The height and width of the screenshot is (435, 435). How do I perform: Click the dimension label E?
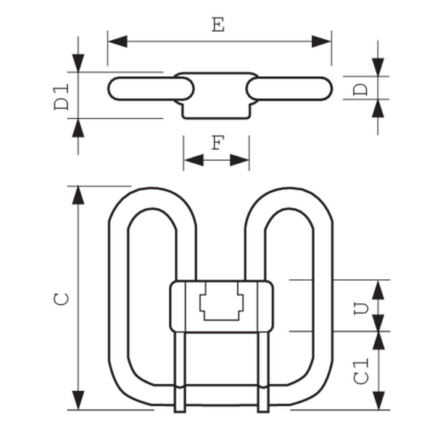(x=218, y=24)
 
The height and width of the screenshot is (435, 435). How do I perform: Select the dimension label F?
(x=217, y=142)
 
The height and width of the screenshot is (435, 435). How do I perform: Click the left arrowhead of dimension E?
(x=117, y=41)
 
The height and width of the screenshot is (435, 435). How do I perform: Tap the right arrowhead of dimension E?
(x=322, y=41)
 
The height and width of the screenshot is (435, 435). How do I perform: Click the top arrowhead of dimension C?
(x=78, y=195)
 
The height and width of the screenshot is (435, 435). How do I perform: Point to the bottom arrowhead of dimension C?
(x=78, y=401)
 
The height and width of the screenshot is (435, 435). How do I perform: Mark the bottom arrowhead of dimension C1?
(x=378, y=401)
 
